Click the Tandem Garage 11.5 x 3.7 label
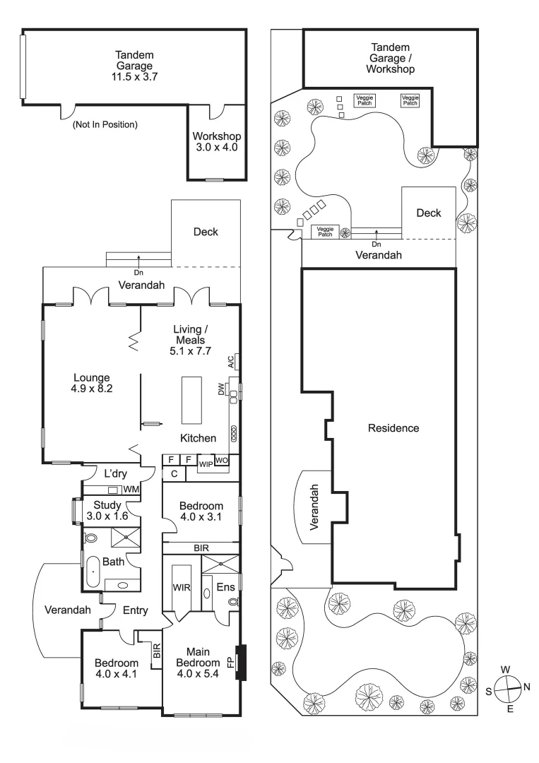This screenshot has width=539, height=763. point(134,66)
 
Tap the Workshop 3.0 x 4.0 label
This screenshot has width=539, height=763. point(216,141)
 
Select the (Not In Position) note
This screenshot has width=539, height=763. point(105,124)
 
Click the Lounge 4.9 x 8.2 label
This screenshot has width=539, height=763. point(91,383)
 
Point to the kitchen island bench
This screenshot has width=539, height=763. point(191,400)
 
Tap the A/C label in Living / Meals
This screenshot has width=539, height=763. point(231,361)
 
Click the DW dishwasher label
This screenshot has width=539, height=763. point(221,389)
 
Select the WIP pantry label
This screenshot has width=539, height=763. point(206,464)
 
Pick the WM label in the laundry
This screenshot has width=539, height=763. point(131,489)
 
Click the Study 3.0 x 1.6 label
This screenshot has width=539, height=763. point(107,511)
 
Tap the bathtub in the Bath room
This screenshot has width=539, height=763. point(91,572)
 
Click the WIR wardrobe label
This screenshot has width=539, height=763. point(182,587)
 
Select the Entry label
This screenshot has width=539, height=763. point(135,610)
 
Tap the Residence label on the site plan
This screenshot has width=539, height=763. point(393,428)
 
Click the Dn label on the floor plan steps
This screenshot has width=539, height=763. point(138,273)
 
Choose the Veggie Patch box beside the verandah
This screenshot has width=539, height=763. point(325,232)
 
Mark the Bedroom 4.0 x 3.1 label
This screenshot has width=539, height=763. point(201,511)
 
